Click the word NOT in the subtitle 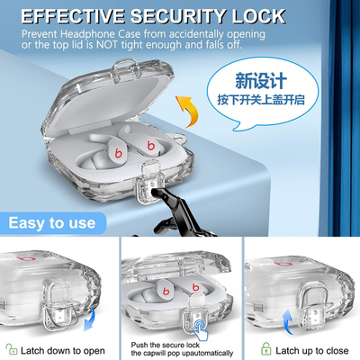pos(107,45)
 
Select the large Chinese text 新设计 pos(261,81)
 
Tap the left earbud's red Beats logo pos(119,152)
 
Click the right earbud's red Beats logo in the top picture pos(150,145)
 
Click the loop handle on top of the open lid pos(123,70)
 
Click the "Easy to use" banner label pos(52,223)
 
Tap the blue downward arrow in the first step pos(90,319)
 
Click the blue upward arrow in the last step pos(288,321)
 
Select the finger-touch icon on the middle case pos(201,329)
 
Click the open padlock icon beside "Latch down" pos(12,349)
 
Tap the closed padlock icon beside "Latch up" pos(265,348)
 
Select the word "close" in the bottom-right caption pos(337,350)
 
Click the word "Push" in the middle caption pos(139,345)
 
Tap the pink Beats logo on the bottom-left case pos(26,258)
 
